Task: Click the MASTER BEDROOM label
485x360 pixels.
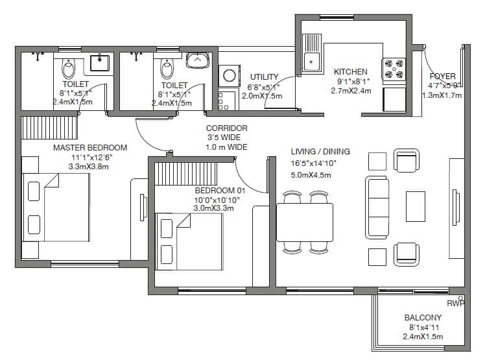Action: coord(89,148)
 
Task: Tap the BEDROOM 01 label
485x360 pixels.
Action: coord(220,191)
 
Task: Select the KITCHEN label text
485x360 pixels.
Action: coord(350,72)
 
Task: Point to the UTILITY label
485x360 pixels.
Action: coord(264,77)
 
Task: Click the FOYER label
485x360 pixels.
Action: coord(442,76)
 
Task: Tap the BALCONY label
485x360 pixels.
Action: coord(423,318)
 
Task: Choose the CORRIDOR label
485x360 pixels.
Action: coord(226,128)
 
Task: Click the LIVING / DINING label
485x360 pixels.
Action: coord(320,152)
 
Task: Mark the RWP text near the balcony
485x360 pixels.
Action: coord(455,303)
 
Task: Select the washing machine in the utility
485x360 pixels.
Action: coord(229,76)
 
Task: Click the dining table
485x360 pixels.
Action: coord(305,222)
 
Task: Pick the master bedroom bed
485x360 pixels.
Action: coord(55,208)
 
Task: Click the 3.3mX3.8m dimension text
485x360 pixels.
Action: coord(88,167)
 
